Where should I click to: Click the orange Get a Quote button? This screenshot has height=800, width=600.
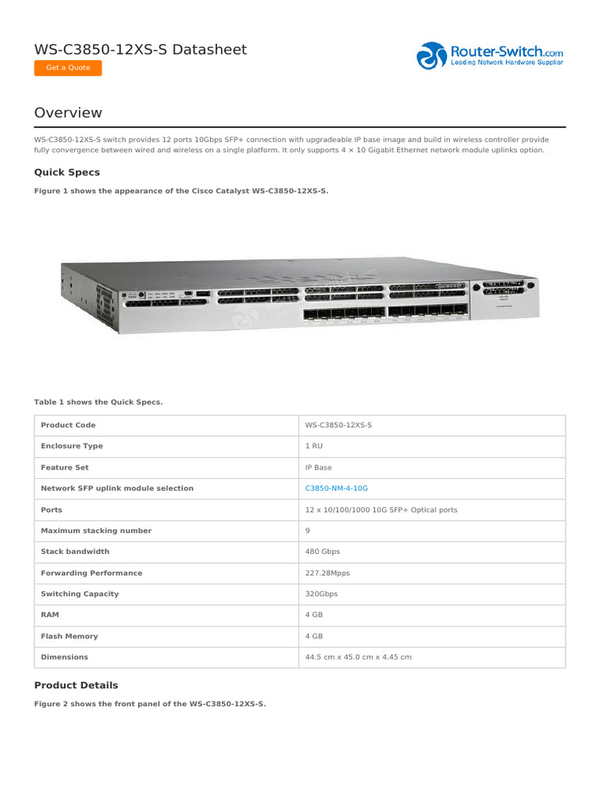(68, 68)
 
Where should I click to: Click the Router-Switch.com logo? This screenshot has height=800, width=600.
(490, 55)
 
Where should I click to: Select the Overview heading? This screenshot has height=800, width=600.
(68, 112)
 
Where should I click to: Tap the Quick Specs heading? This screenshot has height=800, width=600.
(67, 172)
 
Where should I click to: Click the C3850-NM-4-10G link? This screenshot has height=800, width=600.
(336, 488)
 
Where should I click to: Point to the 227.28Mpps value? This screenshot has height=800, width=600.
(327, 573)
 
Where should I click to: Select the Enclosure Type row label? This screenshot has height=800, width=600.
(72, 446)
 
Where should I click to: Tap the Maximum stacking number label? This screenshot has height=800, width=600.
(96, 530)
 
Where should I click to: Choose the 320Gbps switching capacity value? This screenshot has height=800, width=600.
(321, 594)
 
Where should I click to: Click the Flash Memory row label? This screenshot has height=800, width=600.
(70, 636)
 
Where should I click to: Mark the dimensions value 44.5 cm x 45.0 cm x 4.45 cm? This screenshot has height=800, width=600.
(358, 657)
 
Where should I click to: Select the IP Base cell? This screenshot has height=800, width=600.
(318, 467)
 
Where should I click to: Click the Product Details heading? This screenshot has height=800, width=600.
(76, 685)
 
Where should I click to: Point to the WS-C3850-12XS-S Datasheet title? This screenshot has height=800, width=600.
(141, 50)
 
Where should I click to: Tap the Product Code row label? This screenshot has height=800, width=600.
(68, 425)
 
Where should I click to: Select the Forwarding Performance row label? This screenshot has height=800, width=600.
(91, 573)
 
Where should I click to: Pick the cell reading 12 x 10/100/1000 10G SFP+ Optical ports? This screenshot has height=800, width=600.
(381, 509)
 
